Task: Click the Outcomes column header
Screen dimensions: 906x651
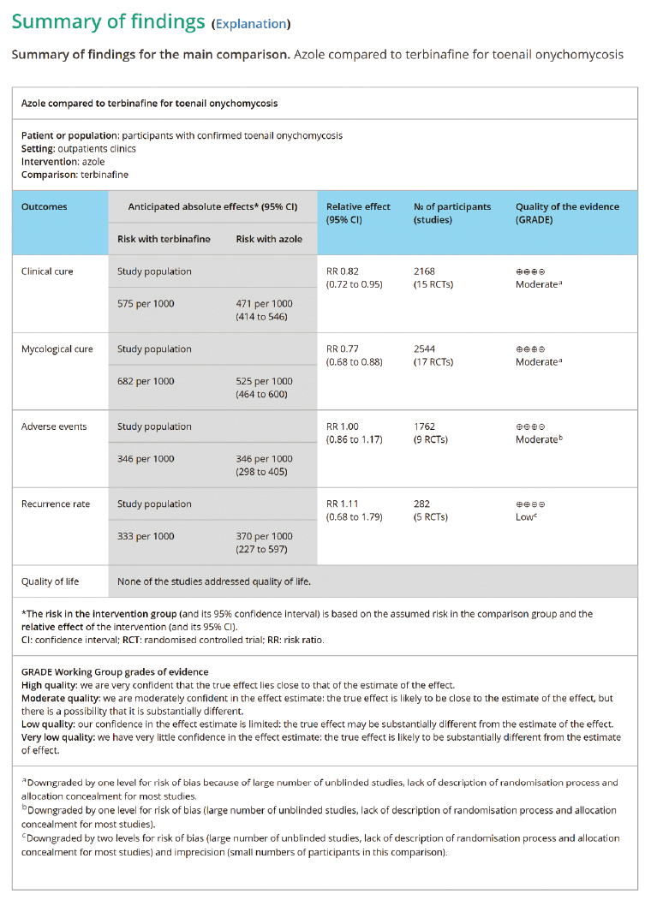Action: click(x=44, y=206)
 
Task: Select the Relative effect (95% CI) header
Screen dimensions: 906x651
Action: click(x=358, y=212)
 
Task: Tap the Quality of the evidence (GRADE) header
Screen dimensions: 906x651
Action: click(x=567, y=212)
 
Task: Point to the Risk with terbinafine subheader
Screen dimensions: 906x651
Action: click(x=164, y=239)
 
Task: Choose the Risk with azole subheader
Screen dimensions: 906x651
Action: click(x=269, y=239)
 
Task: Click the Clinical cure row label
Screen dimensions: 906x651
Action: click(x=47, y=271)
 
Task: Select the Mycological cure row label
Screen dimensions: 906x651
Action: click(x=57, y=349)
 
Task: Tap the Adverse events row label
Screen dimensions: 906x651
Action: click(x=54, y=426)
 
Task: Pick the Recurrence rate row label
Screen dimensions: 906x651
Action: click(x=56, y=504)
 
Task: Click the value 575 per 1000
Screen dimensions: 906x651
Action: click(x=146, y=304)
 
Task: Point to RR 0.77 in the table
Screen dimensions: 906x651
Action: click(x=343, y=349)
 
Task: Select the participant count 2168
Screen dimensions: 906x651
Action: click(x=425, y=271)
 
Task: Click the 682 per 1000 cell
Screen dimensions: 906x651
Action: click(x=146, y=381)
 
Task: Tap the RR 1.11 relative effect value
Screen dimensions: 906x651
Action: click(x=342, y=504)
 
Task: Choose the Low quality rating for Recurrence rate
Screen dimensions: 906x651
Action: click(x=526, y=517)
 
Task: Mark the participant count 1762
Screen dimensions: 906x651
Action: click(x=425, y=426)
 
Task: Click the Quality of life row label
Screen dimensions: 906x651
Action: click(x=50, y=581)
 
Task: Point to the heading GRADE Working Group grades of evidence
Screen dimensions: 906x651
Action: click(x=115, y=672)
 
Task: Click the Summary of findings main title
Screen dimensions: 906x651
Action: click(x=108, y=21)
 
